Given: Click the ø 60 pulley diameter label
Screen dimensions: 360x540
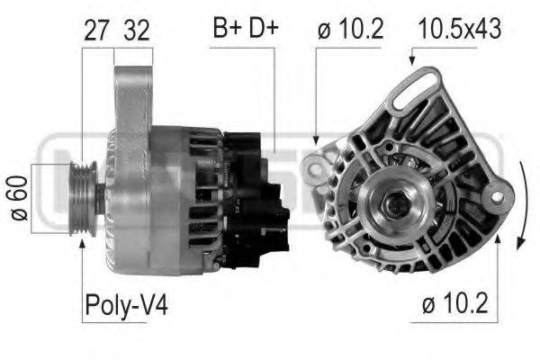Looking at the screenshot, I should (x=17, y=200).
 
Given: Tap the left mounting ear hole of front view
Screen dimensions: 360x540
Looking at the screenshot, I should (x=313, y=166).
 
